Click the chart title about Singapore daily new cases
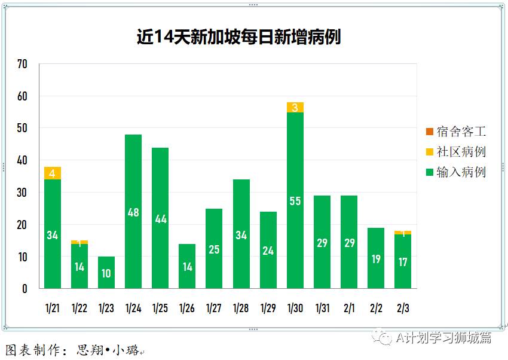pyautogui.click(x=238, y=37)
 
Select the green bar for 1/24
pyautogui.click(x=133, y=179)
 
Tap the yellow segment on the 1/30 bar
pyautogui.click(x=295, y=108)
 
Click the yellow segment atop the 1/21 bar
pyautogui.click(x=53, y=173)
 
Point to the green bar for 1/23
pyautogui.click(x=106, y=273)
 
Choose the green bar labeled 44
pyautogui.click(x=160, y=197)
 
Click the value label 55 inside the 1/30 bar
pyautogui.click(x=295, y=202)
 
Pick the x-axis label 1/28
pyautogui.click(x=241, y=309)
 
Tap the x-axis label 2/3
pyautogui.click(x=403, y=309)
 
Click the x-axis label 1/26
pyautogui.click(x=187, y=309)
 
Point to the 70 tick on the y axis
pyautogui.click(x=23, y=64)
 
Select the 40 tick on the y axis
pyautogui.click(x=23, y=160)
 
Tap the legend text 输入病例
pyautogui.click(x=461, y=172)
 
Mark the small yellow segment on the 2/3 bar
pyautogui.click(x=403, y=233)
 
